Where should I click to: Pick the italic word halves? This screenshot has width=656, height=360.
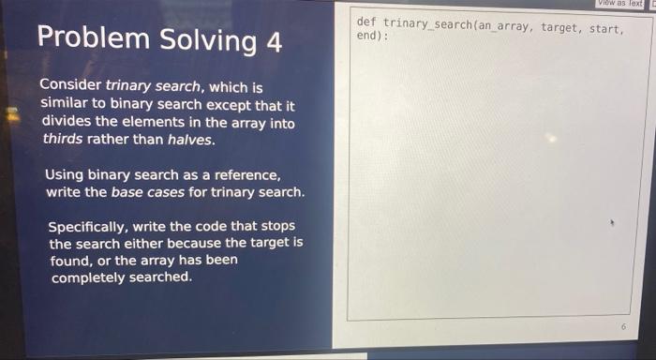191,140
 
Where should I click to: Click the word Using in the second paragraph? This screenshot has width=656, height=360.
65,174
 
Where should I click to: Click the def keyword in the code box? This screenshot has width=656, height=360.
365,22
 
